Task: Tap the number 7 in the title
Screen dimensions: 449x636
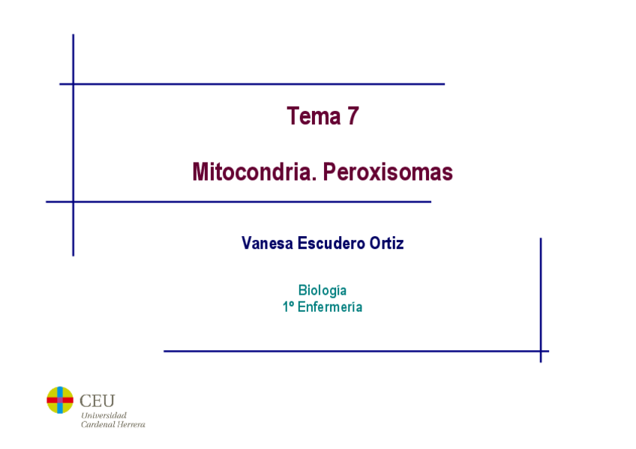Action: (x=352, y=116)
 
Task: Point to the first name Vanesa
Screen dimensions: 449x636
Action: (x=267, y=244)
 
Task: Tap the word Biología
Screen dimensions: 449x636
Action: (x=322, y=290)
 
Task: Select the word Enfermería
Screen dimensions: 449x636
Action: (x=330, y=307)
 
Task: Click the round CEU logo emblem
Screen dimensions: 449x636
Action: (x=60, y=400)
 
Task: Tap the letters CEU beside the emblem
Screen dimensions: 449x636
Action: (x=97, y=400)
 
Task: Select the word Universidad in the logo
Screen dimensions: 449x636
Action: (x=103, y=415)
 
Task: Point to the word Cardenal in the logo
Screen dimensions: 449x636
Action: (x=97, y=424)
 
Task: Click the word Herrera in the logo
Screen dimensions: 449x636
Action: (x=131, y=424)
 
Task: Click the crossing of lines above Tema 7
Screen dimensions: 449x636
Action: (x=73, y=84)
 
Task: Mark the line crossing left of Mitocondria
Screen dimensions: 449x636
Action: (x=73, y=202)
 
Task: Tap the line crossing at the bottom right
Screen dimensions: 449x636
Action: (x=540, y=351)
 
